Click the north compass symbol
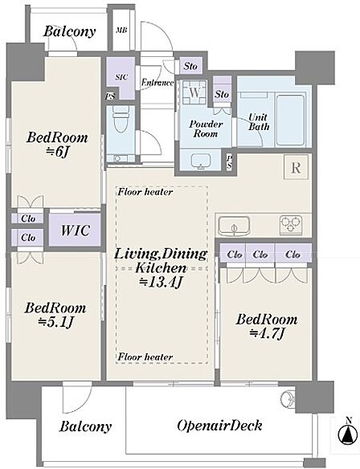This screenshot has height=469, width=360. coord(347,433)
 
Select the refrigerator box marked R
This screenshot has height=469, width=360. coord(296,167)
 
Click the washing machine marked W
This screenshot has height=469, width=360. coord(194,92)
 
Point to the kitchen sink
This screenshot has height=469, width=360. coord(234,226)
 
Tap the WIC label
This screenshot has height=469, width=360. coord(75,230)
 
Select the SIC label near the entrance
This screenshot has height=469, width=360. coord(121,77)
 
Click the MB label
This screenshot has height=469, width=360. coord(121,31)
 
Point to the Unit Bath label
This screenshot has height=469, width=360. coord(259,122)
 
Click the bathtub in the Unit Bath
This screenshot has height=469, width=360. coord(290,120)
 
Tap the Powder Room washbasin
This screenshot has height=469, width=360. coord(201,161)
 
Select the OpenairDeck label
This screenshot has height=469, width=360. coord(219,426)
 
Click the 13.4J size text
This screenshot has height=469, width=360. coord(161,282)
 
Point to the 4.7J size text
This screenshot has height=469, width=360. coord(266,333)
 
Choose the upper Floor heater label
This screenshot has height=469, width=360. coord(145,192)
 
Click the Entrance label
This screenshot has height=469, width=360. coord(157,83)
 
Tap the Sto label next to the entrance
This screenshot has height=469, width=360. coord(190,66)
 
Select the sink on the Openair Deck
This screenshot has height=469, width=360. coord(288,398)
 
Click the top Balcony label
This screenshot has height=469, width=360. coord(69,31)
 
